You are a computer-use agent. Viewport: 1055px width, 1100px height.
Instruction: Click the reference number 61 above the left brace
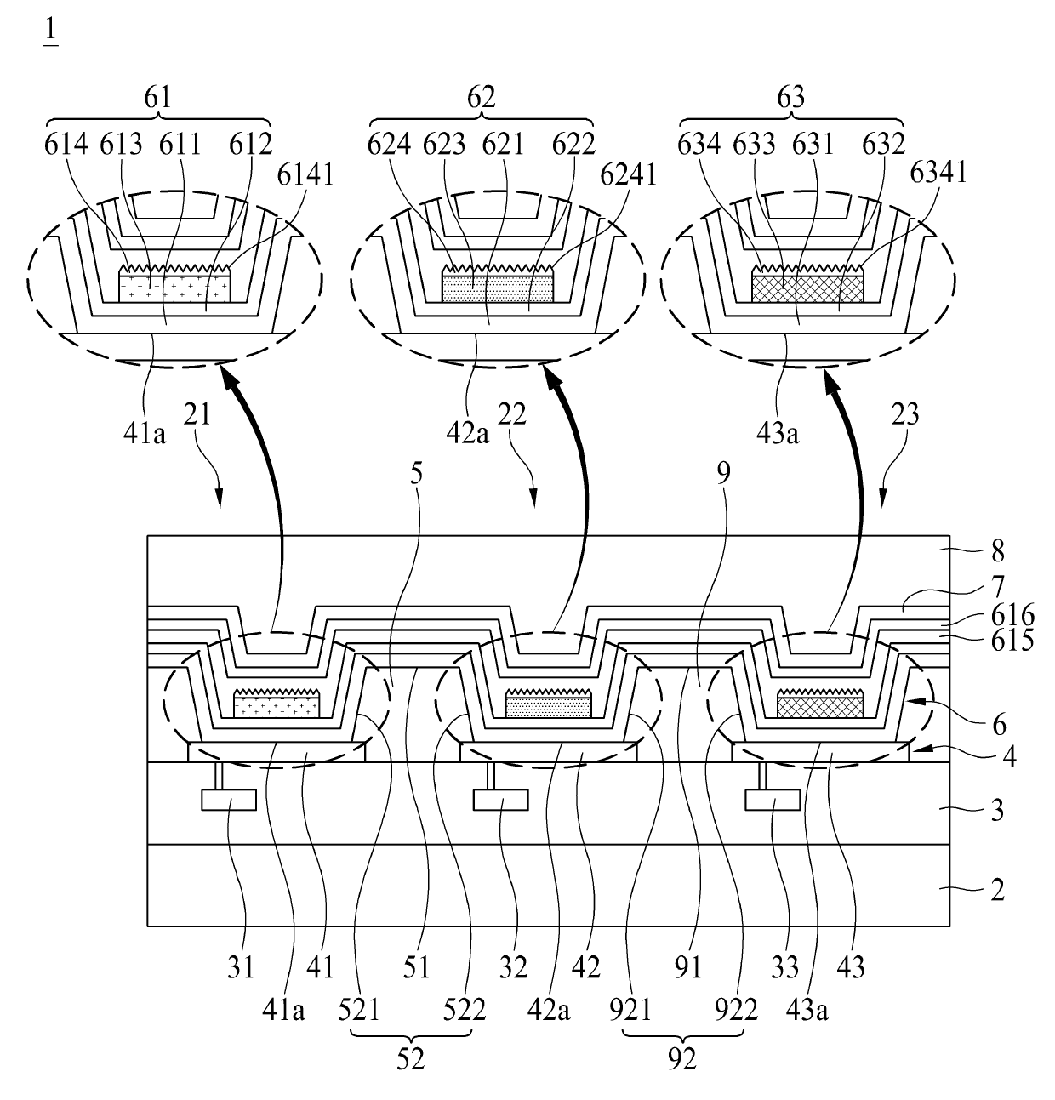pyautogui.click(x=158, y=98)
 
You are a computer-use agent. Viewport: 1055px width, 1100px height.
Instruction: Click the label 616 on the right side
pyautogui.click(x=1011, y=615)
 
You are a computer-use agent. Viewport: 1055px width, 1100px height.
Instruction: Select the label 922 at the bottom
pyautogui.click(x=737, y=1011)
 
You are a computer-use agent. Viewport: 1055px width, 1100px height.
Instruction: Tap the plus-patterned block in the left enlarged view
pyautogui.click(x=174, y=288)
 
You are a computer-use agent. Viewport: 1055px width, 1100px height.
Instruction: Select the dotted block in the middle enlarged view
pyautogui.click(x=499, y=288)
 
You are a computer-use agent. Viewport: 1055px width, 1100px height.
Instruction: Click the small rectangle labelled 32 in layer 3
pyautogui.click(x=500, y=800)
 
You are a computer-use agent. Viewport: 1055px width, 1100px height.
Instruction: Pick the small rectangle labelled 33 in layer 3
pyautogui.click(x=772, y=800)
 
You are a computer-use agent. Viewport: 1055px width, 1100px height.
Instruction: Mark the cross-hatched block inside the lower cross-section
pyautogui.click(x=820, y=706)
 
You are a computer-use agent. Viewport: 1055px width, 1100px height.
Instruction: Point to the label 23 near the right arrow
pyautogui.click(x=905, y=414)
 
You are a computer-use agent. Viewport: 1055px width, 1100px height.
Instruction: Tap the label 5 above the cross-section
pyautogui.click(x=416, y=474)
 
